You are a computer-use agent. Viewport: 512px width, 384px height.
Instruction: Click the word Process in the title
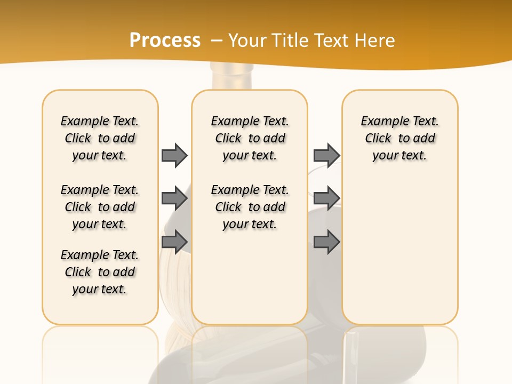[165, 41]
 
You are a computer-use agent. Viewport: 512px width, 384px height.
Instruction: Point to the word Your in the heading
[248, 41]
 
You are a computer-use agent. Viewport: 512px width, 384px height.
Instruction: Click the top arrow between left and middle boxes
[174, 155]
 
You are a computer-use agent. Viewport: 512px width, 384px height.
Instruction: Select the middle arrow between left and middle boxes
[174, 198]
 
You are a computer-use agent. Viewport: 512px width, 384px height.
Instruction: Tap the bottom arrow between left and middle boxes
[174, 242]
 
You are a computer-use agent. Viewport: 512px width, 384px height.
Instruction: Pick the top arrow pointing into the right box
[326, 155]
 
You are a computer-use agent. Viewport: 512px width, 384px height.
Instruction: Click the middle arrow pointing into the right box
[326, 198]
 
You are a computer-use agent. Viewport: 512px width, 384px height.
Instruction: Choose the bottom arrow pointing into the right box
[326, 242]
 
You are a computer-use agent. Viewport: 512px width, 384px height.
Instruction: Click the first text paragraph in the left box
[100, 138]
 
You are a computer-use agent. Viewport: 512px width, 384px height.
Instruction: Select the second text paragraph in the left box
[100, 207]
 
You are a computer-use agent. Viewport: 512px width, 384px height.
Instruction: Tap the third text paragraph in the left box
[100, 272]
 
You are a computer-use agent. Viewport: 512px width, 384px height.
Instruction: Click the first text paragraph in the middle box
[250, 138]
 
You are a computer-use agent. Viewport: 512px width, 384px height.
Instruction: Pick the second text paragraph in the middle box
[250, 207]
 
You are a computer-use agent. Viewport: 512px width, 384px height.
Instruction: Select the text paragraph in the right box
[399, 138]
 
